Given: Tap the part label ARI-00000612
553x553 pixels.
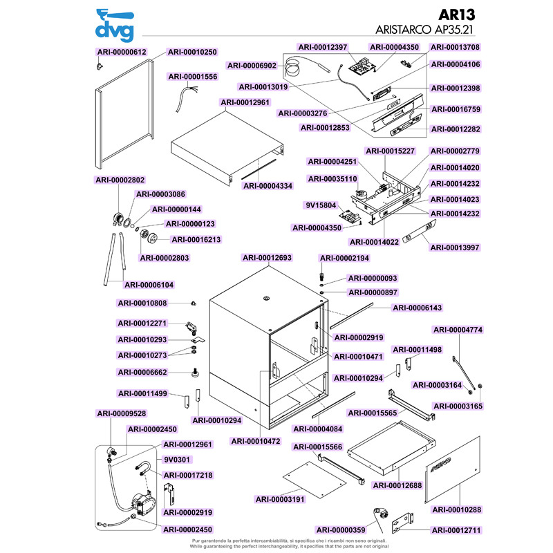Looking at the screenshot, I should [x=122, y=52].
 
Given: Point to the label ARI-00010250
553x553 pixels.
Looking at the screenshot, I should [x=192, y=52].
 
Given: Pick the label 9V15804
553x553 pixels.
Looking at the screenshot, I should [x=320, y=205].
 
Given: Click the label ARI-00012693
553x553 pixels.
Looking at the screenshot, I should [x=267, y=258].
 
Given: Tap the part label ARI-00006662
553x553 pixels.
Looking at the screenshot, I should [x=142, y=372].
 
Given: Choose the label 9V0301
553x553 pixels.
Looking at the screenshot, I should [x=177, y=459].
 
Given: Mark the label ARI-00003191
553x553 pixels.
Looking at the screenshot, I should [x=279, y=499].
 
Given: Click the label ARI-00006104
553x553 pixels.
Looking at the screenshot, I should [x=149, y=284].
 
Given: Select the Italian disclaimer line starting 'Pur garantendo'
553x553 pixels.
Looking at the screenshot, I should [x=276, y=540].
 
